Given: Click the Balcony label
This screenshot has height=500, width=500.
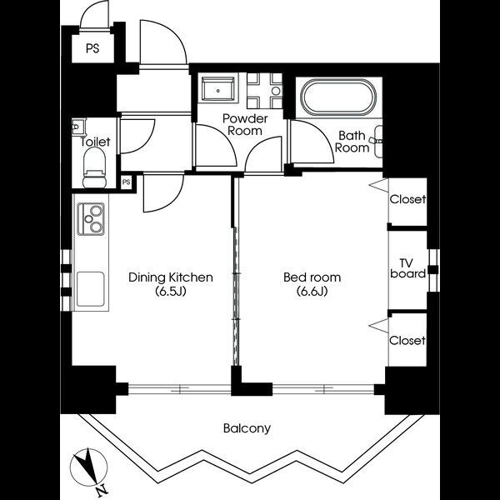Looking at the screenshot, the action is [x=247, y=428].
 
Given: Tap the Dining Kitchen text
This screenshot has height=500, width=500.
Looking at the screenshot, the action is [x=171, y=277].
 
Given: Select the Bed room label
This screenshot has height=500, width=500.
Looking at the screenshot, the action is [x=312, y=277].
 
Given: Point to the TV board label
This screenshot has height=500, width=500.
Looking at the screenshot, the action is [x=407, y=268].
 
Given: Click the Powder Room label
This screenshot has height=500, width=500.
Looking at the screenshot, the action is [x=245, y=125].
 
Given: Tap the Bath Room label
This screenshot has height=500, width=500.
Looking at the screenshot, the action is [x=352, y=142].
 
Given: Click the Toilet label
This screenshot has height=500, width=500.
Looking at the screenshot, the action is [x=95, y=142].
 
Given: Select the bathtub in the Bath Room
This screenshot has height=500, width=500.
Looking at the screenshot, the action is [x=338, y=97].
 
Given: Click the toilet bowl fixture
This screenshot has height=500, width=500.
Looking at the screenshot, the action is [x=94, y=168].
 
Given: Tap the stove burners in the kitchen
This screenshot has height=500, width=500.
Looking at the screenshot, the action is [x=91, y=219].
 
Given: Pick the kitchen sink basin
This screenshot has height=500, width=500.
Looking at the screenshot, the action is [x=91, y=289].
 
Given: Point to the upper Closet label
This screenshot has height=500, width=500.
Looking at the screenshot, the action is [x=407, y=199].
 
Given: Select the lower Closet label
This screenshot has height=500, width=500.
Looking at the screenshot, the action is [x=407, y=341].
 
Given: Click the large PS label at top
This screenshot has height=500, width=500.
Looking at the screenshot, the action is [x=92, y=48].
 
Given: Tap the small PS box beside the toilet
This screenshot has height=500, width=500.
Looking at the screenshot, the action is [x=127, y=182].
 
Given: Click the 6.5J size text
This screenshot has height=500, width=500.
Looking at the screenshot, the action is [x=171, y=292].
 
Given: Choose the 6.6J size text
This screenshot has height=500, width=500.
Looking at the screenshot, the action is [x=312, y=292].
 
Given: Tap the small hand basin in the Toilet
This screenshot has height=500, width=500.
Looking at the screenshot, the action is [x=78, y=127].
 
